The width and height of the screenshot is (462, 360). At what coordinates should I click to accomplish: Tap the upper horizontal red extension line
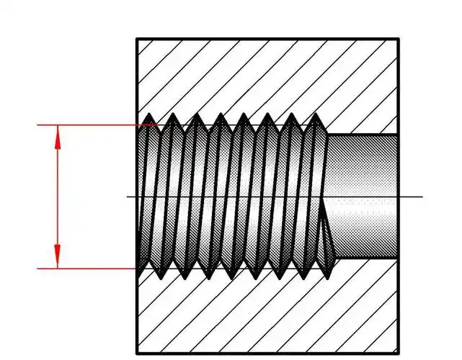pos(86,125)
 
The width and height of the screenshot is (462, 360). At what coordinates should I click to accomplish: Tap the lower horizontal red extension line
pos(86,269)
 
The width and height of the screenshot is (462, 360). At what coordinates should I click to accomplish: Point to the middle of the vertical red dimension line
pos(58,197)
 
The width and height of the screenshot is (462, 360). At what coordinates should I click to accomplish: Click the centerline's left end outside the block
pos(129,197)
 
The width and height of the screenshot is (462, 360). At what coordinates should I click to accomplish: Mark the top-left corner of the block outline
pos(137,39)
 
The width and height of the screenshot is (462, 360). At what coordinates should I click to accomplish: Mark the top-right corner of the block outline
pos(399,39)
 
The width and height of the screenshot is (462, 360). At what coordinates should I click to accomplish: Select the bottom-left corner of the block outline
pos(137,354)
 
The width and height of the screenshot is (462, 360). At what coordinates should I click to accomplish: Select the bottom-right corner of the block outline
pos(399,354)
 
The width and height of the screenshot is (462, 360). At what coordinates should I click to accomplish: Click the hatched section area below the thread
pos(267,317)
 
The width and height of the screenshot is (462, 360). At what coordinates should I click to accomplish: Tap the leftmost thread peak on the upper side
pos(148,114)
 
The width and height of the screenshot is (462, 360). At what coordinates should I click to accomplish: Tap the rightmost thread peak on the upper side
pos(316,114)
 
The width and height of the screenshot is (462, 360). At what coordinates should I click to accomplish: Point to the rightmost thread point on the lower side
pos(331,279)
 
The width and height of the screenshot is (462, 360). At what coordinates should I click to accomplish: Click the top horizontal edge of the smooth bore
pos(364,135)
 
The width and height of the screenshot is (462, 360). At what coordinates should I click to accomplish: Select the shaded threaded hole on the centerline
pos(231,197)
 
